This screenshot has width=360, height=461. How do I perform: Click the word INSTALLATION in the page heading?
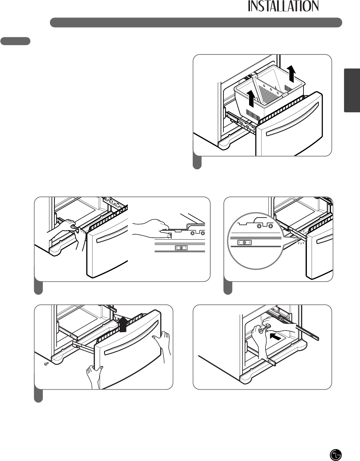point(283,6)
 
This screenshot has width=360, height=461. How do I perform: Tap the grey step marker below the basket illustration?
point(197,163)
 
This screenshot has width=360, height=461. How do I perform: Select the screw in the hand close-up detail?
point(181,248)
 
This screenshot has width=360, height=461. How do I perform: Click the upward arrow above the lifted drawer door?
point(123,323)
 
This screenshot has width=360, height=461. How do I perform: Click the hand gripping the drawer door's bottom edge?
point(94,377)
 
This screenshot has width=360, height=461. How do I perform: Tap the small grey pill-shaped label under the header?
point(15,41)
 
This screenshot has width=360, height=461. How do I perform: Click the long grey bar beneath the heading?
point(196,23)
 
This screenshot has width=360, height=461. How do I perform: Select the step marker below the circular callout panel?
point(228,288)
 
